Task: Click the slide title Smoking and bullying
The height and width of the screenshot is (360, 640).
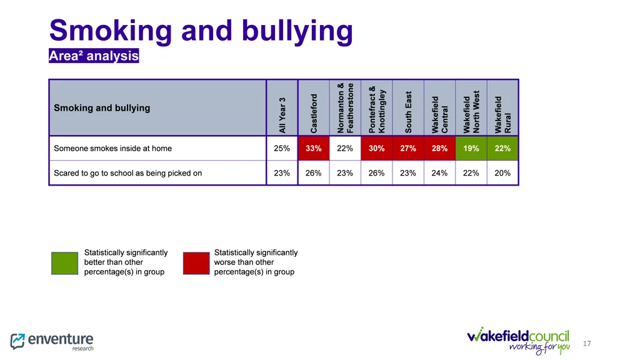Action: [201, 31]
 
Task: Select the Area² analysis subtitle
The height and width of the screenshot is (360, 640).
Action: [94, 56]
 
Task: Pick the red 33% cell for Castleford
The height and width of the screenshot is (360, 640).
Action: [314, 149]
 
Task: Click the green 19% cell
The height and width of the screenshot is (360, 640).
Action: [471, 149]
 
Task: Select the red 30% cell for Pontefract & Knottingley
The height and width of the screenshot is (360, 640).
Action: [376, 149]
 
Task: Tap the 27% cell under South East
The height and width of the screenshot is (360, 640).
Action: [408, 149]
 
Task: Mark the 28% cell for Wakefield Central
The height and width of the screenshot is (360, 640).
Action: [439, 149]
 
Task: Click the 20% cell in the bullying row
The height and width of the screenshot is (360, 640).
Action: [502, 173]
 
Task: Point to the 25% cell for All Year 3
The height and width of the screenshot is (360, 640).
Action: [282, 149]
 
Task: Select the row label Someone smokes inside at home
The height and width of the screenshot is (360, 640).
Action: [112, 149]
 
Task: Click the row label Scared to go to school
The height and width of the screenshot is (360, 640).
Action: [127, 173]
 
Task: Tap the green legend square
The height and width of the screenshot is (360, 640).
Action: [64, 263]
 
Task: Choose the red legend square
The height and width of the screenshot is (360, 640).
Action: [196, 263]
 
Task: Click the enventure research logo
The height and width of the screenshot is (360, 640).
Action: [52, 341]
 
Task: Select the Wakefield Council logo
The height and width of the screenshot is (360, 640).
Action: [518, 340]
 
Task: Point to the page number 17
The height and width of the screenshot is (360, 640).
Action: [586, 344]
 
